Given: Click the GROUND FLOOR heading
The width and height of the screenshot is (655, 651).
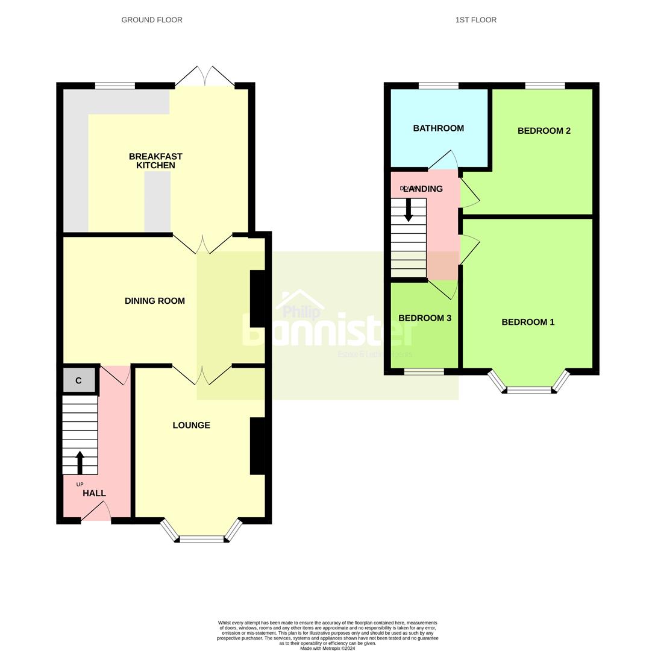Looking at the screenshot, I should coord(152,20).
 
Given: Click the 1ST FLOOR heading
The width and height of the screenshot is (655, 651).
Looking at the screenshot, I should coord(476,20).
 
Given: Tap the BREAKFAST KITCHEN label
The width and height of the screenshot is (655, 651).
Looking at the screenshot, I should coord(155,161).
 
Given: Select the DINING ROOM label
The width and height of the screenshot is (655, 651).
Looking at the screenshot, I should coord(155,301).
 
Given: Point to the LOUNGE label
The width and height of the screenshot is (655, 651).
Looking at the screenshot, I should coord(191,425).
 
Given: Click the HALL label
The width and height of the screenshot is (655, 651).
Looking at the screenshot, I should coord(94,493).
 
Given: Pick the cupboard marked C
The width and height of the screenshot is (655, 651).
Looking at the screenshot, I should coord(78,381).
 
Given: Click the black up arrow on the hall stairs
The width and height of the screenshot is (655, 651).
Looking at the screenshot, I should coord(80,462).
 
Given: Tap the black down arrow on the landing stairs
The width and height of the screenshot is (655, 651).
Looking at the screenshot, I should coord(409,210).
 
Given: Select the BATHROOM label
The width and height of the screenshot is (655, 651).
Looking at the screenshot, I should coord(438,128).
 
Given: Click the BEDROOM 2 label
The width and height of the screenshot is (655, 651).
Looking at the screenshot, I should coord(544,131).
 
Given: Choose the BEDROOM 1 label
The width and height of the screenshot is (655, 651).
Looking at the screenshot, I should coord(528,322).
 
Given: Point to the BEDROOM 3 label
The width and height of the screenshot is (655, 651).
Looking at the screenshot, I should coord(425,318).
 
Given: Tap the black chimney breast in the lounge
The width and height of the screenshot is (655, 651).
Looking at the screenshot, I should coord(257,446).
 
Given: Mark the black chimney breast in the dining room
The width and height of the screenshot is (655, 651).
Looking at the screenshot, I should coord(257,299).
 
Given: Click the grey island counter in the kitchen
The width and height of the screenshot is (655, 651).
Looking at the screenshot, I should coord(157,202).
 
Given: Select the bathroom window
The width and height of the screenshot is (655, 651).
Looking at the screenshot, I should coord(438,86).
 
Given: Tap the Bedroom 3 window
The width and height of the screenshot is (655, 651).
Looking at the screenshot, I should coord(424,372).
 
